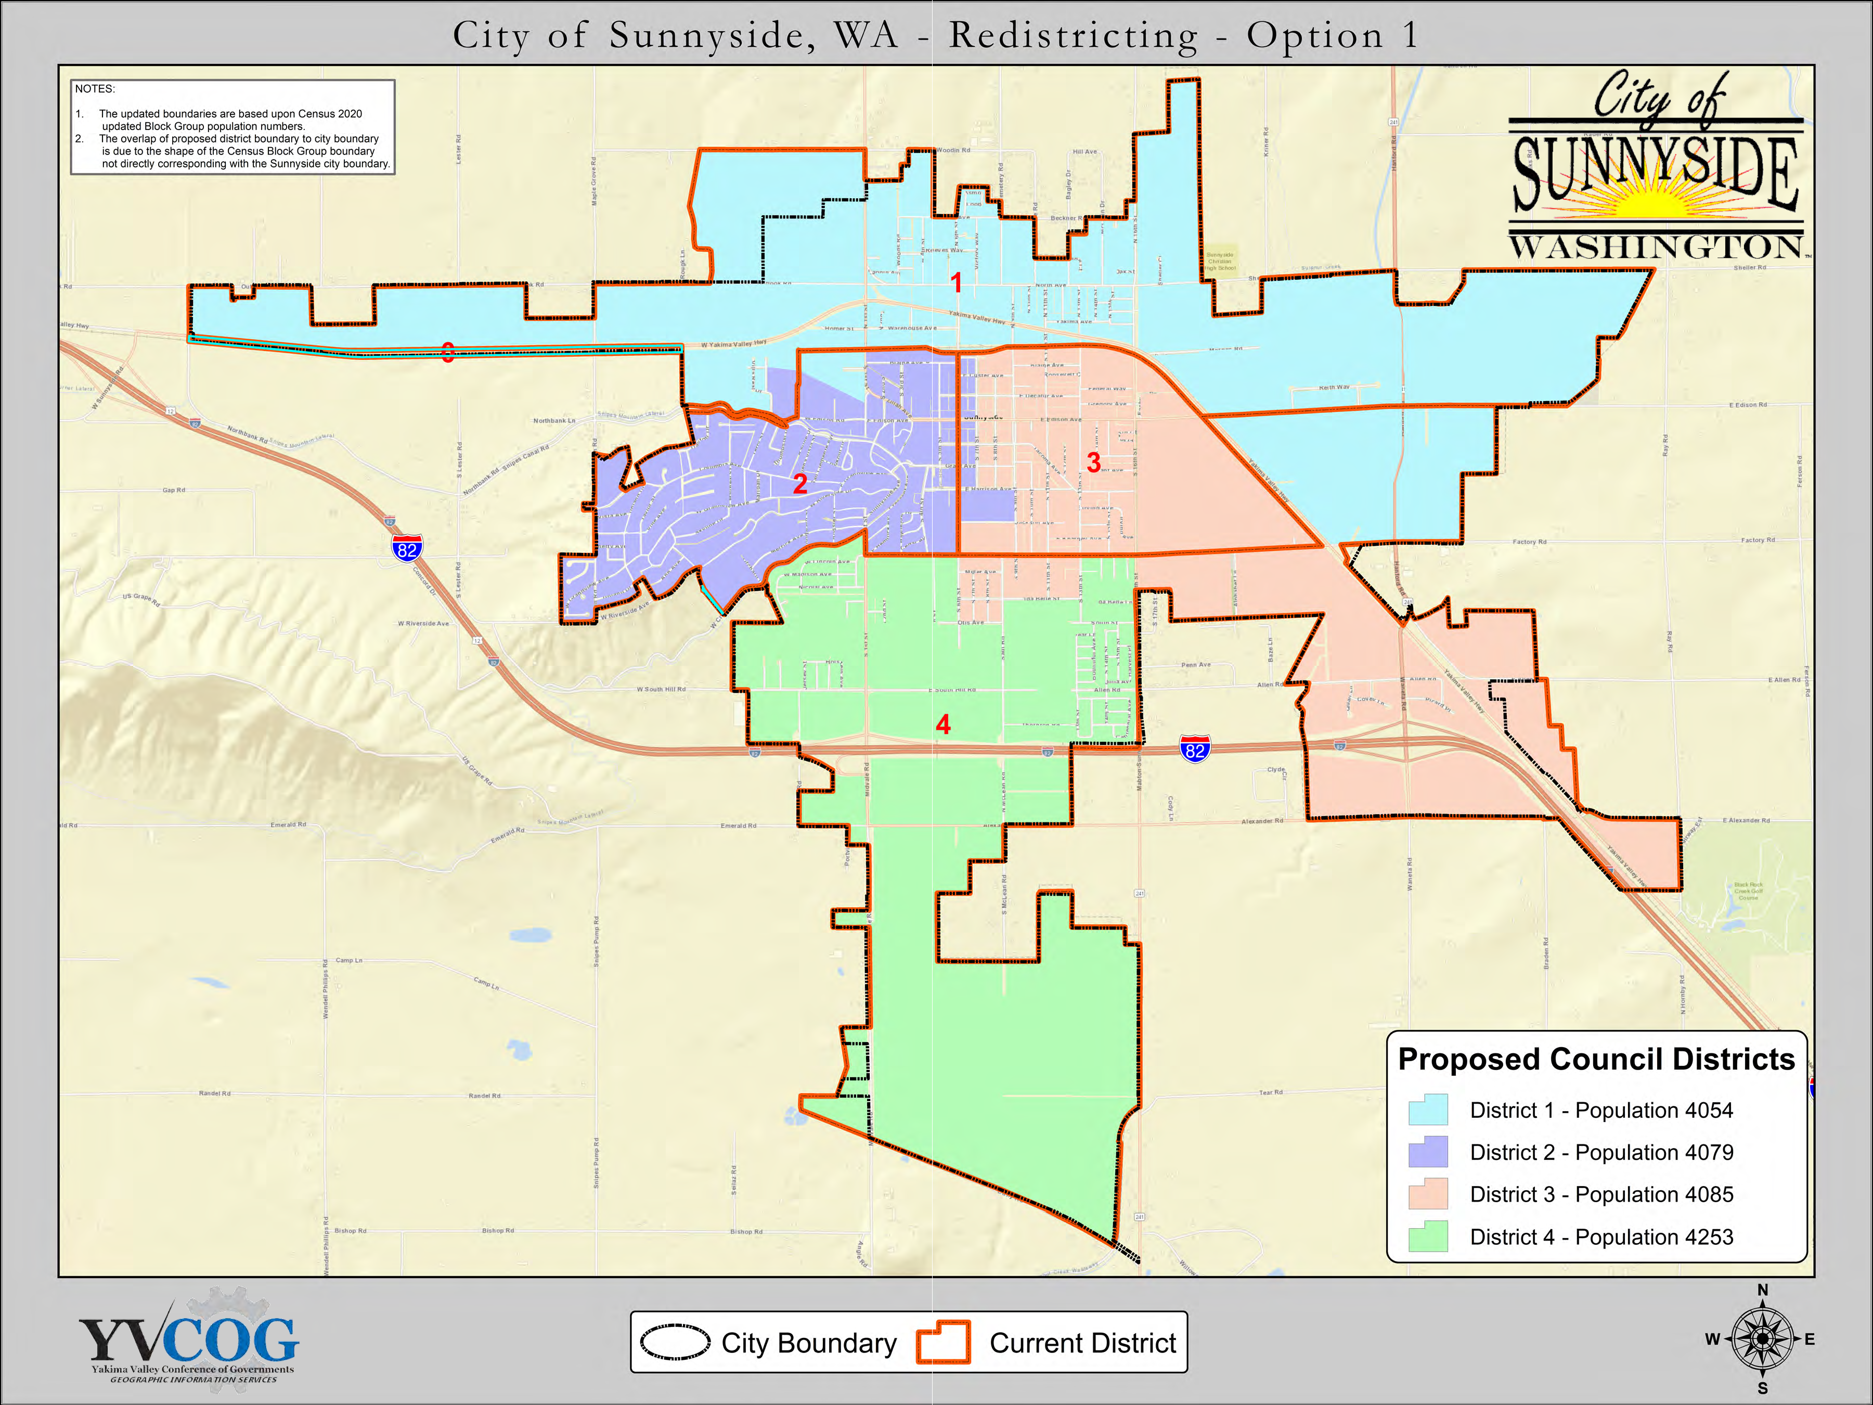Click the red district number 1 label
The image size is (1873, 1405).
[x=956, y=282]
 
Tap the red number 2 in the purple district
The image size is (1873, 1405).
[x=799, y=484]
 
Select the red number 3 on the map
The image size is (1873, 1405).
[x=1093, y=462]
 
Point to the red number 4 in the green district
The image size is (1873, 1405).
[x=942, y=724]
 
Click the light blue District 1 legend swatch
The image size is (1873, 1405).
[x=1428, y=1110]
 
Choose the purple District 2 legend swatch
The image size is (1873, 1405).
[x=1428, y=1152]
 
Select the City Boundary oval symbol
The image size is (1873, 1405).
[x=675, y=1343]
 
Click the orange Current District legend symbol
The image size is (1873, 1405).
[x=942, y=1343]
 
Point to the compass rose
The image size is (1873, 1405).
[x=1762, y=1339]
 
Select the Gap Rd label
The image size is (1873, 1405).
[x=174, y=491]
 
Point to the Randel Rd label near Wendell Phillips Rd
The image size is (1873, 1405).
[x=214, y=1093]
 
